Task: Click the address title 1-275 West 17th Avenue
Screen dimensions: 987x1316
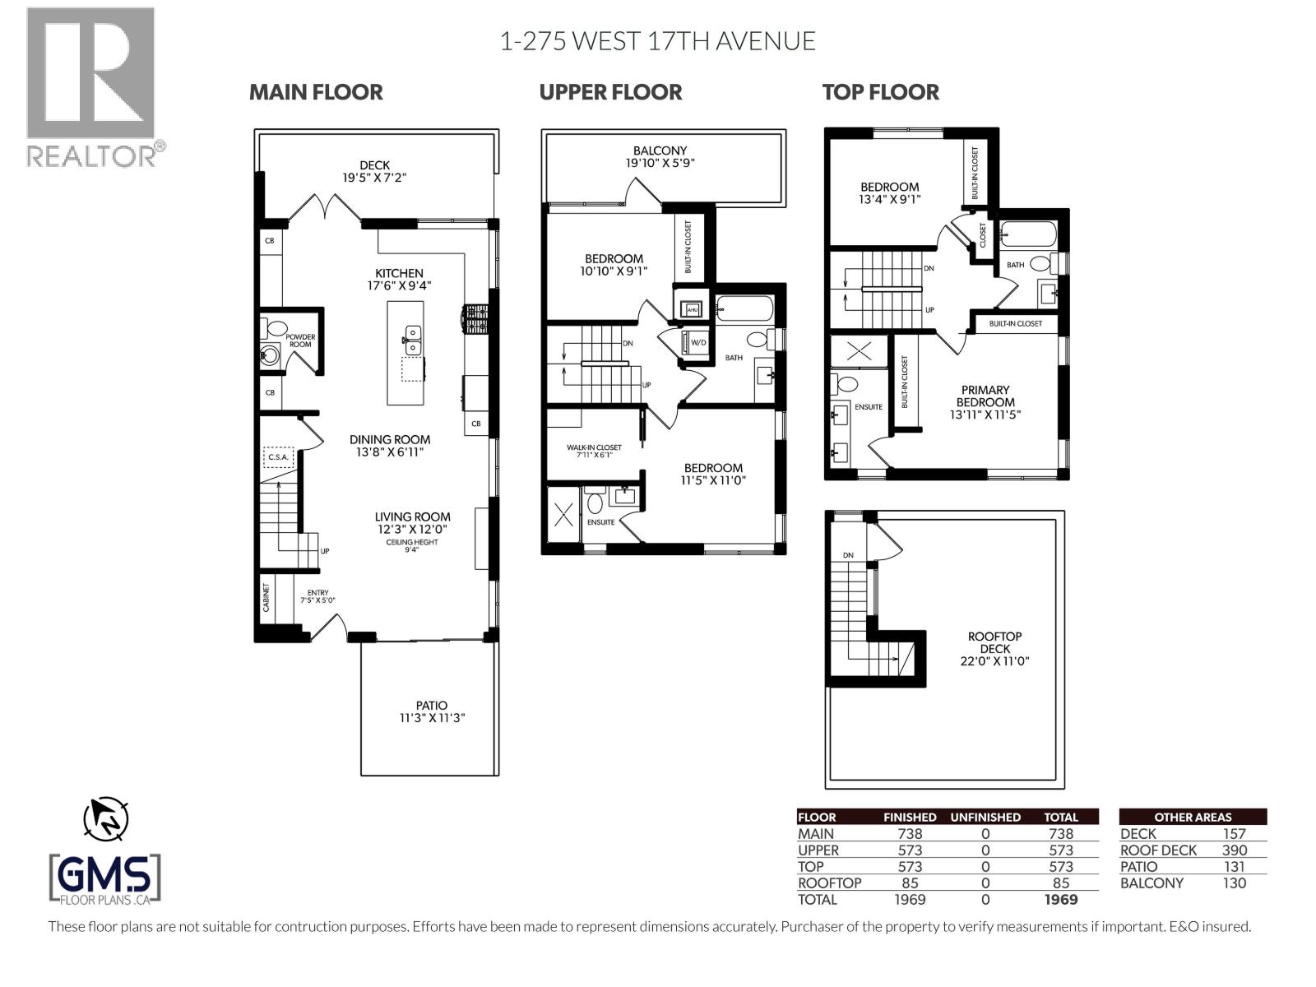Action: [657, 41]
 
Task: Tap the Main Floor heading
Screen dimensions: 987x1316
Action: [316, 92]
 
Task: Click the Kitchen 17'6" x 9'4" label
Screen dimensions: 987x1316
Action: [399, 280]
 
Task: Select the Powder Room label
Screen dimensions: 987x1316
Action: [300, 341]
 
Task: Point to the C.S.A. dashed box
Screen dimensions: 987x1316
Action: [278, 457]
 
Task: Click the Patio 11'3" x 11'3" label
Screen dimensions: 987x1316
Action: [431, 711]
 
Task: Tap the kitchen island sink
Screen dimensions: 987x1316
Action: [411, 335]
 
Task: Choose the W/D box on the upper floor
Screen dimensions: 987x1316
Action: [697, 342]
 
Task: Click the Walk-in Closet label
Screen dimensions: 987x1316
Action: [594, 451]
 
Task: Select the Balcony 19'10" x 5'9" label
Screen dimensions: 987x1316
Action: [660, 156]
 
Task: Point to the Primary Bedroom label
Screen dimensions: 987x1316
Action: [985, 402]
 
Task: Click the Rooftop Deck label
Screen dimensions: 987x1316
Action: [994, 648]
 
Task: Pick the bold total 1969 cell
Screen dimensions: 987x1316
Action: [1060, 899]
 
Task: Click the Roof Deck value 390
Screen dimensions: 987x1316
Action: [1234, 850]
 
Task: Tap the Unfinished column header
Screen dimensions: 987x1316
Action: [985, 817]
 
